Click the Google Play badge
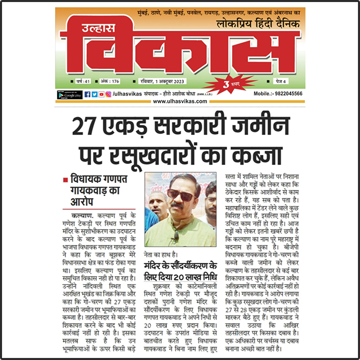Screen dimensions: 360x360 click(69, 94)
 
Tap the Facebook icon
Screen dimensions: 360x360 click(87, 94)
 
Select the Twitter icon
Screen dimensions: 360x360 click(94, 94)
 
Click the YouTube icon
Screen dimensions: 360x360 click(101, 94)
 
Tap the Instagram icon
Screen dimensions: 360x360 click(108, 94)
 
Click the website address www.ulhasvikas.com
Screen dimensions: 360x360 click(180, 101)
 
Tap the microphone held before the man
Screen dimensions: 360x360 click(176, 235)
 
